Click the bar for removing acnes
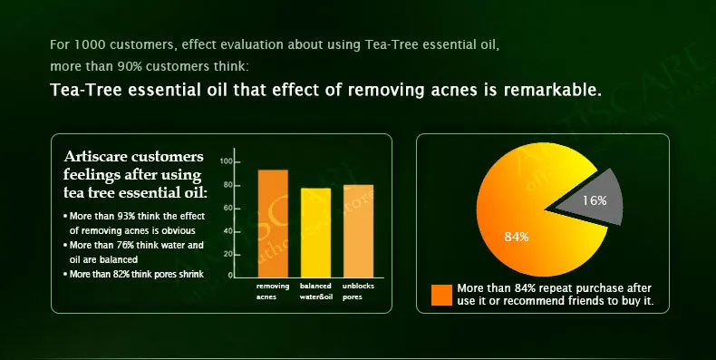coord(273,222)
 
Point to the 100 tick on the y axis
coord(227,161)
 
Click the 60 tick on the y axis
coord(227,208)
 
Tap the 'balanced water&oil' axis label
coord(315,290)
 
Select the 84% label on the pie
coord(517,237)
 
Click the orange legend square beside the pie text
coord(441,295)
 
